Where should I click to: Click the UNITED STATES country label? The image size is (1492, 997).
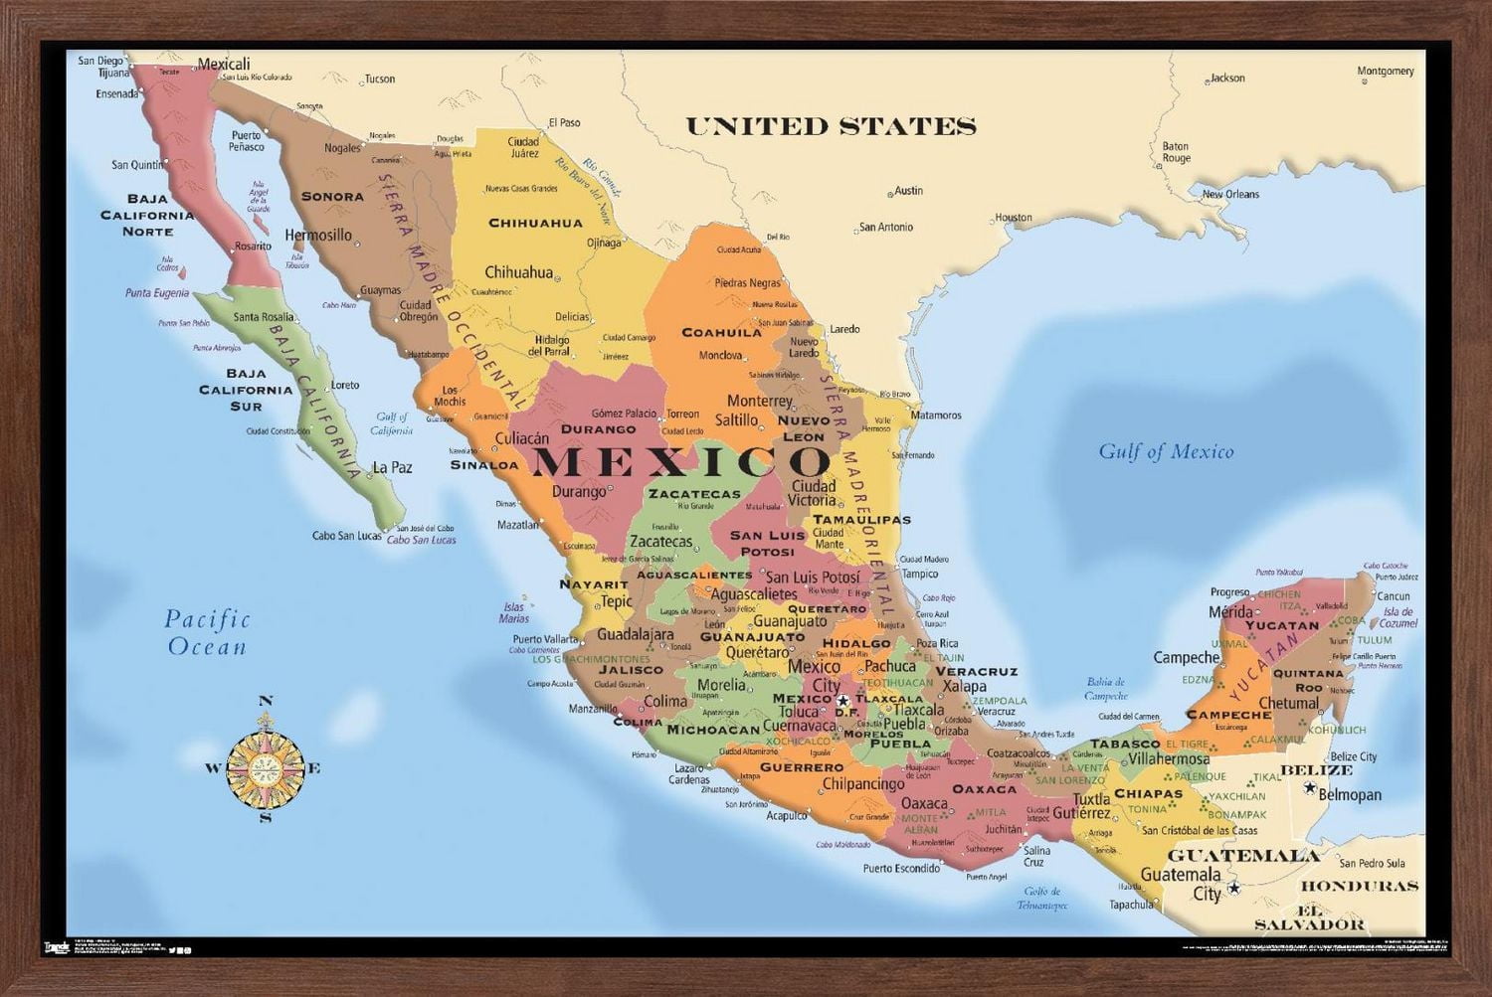click(x=831, y=126)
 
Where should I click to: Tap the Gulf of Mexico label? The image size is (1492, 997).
click(x=1166, y=452)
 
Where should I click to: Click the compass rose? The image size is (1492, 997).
click(x=265, y=766)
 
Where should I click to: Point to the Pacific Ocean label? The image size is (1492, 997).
click(x=207, y=632)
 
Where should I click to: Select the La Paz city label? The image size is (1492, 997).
click(x=392, y=467)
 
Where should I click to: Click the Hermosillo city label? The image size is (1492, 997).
click(x=318, y=236)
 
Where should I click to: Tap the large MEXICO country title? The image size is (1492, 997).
click(x=681, y=462)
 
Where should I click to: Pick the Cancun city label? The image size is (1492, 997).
click(x=1394, y=596)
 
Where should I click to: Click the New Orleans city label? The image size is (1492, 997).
click(x=1230, y=194)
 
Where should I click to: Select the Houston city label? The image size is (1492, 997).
click(x=1014, y=217)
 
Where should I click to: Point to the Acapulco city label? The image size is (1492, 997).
click(x=786, y=815)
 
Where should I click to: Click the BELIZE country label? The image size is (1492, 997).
click(x=1316, y=770)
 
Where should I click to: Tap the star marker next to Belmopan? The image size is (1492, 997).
click(x=1310, y=791)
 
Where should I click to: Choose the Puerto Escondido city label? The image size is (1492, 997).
click(x=901, y=868)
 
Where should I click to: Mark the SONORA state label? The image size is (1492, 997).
click(x=332, y=197)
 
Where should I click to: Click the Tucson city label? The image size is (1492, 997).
click(x=379, y=79)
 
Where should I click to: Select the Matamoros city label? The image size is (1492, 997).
click(x=936, y=415)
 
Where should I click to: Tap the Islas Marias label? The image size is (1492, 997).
click(x=514, y=612)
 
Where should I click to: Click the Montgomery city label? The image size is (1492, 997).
click(x=1386, y=71)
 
